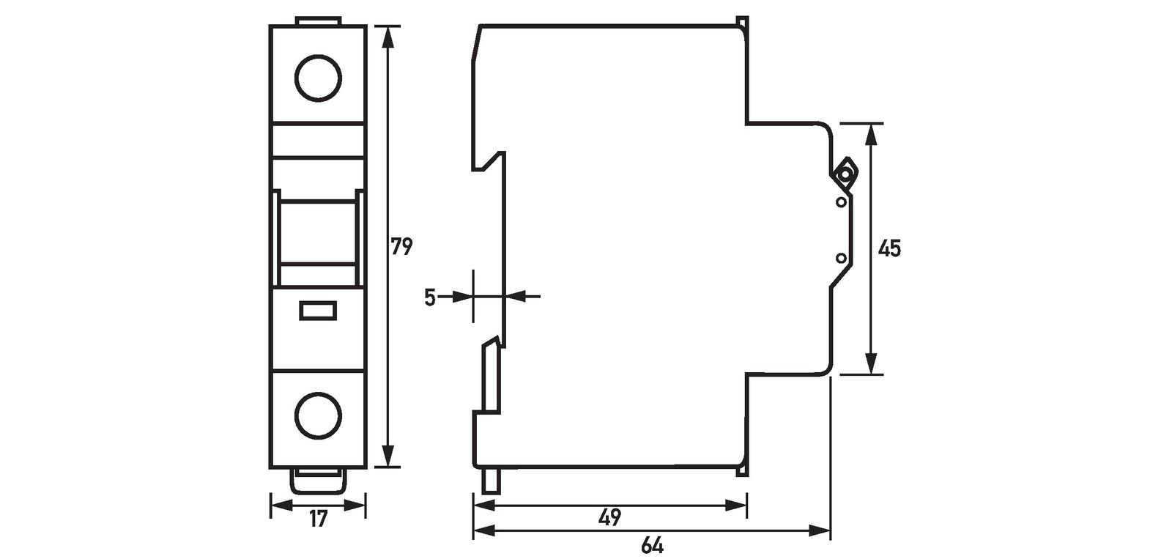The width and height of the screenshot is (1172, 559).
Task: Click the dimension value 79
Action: [401, 246]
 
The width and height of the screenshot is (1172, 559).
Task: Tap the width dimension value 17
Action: [317, 520]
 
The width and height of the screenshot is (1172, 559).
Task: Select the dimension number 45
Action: [889, 248]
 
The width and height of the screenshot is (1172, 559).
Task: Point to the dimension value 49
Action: [609, 517]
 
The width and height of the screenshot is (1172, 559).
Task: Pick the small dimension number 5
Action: [430, 297]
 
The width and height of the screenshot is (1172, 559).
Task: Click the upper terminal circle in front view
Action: [319, 76]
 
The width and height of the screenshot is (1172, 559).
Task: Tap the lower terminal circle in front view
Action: [319, 415]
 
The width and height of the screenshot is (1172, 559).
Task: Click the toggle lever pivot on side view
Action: [846, 174]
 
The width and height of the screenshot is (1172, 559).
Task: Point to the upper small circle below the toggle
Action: [841, 201]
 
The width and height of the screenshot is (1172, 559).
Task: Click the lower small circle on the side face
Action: [841, 257]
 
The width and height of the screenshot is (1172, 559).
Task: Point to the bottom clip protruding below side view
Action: [490, 481]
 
